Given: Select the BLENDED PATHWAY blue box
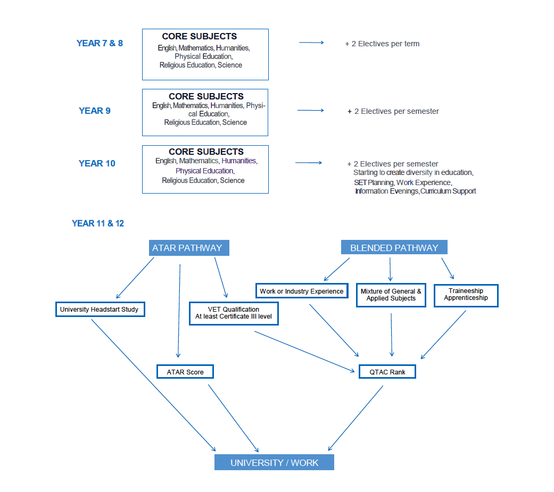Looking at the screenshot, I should coord(394,248).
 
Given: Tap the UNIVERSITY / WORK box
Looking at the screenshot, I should coord(274,462).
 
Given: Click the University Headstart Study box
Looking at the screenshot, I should coord(100,310).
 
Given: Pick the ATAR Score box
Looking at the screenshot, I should coord(185,372).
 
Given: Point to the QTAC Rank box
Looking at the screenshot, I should coord(387,372).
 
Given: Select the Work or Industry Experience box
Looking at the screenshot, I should coord(301,291).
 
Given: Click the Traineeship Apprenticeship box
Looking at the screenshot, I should coord(466,295).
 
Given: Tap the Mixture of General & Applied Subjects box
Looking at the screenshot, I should coord(391,295).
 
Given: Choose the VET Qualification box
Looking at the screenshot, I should coord(234,314).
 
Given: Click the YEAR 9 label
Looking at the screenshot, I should coord(95,111).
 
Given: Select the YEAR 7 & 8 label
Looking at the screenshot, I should coord(100,43).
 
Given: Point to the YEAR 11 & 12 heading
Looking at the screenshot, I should coord(98,223).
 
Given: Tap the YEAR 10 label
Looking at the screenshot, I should coord(97,163).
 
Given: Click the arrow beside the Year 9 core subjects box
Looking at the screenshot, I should coord(310,110).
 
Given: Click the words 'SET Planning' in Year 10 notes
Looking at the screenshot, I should coord(374,182).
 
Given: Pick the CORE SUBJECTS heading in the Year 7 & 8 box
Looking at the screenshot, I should coord(200,37).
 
